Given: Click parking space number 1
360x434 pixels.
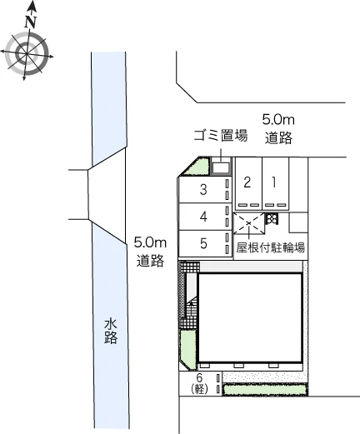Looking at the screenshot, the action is pos(276,183).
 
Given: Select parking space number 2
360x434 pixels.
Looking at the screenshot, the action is pos(248,183).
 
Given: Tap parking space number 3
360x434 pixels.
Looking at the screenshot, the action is pos(205,190).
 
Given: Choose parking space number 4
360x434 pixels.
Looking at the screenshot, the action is pos(205,217).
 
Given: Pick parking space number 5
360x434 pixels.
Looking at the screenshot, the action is pos(205,243).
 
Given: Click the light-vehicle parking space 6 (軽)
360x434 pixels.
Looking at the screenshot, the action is pos(200,384).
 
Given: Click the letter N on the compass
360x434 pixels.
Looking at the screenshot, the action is pos(31,22).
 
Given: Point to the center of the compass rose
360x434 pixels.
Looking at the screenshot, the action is pos(27,52).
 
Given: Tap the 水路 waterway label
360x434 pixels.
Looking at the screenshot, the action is pos(111,332).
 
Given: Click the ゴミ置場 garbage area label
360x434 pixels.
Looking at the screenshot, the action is pos(221,136).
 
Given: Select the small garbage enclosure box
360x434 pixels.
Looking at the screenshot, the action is pos(221,167).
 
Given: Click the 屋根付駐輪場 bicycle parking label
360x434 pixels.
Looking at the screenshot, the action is pos(271,247).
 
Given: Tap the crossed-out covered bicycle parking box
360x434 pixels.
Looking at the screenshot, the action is pos(249,223).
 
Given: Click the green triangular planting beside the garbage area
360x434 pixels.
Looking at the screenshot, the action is pos(197,167).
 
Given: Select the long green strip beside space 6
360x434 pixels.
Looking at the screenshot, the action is pos(265,389).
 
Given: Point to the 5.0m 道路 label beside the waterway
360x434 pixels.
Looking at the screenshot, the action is pos(150,252).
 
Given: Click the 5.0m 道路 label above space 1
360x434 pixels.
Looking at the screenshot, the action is pos(278,128).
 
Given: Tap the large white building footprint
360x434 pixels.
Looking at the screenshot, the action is pos(250,317).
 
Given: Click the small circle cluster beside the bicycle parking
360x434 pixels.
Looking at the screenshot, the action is pos(272,218).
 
